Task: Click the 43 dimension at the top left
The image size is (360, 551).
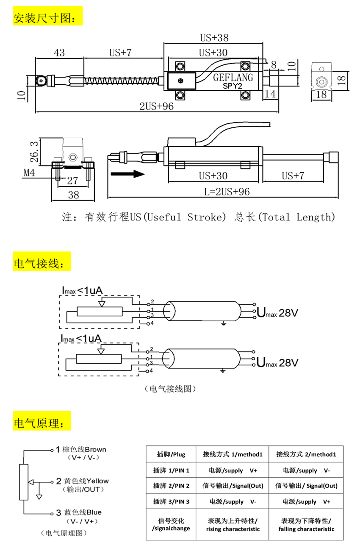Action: pos(59,53)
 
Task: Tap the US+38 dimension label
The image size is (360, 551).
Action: pos(214,38)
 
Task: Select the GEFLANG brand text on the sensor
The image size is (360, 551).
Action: pos(233,78)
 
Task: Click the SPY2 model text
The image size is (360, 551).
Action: pos(232,86)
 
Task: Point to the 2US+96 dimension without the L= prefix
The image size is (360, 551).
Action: pos(157,106)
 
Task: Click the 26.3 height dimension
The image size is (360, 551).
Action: pos(34,152)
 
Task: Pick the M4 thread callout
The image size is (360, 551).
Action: pos(29,173)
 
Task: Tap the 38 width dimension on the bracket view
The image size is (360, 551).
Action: pos(73,195)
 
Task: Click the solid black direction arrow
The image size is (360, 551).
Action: pos(127,174)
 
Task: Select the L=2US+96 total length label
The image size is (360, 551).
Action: pos(227,192)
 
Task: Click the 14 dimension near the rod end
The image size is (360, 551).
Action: pos(270,94)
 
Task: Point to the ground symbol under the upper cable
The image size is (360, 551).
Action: pos(223,323)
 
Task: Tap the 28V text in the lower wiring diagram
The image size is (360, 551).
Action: pos(288,363)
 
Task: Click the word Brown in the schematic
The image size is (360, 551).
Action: pos(96,449)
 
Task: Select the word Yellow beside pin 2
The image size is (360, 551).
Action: pos(97,481)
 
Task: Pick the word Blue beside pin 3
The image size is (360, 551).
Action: pos(94,512)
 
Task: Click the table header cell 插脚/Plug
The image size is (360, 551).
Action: pos(171,454)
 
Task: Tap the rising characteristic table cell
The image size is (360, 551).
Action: pos(233,525)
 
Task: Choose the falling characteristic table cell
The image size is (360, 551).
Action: pos(306,525)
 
